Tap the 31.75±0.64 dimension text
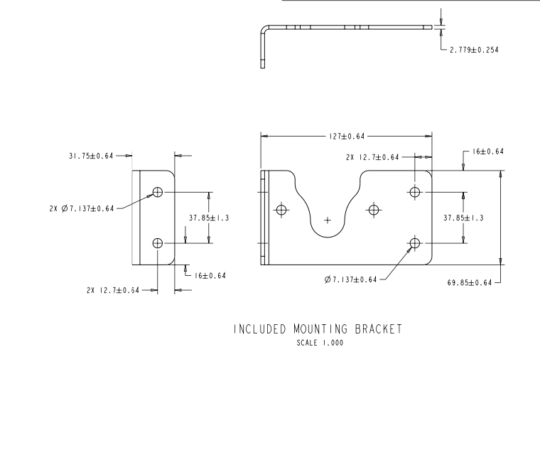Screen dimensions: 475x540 (91, 156)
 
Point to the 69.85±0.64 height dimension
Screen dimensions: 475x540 (470, 282)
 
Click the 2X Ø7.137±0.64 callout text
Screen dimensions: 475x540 (77, 208)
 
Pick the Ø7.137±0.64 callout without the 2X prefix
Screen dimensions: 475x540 (350, 279)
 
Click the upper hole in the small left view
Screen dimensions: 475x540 (158, 192)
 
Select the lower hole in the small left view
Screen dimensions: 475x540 (158, 243)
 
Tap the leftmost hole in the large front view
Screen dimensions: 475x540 (282, 210)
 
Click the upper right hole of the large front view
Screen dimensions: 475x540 (415, 192)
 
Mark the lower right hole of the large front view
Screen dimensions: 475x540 (415, 244)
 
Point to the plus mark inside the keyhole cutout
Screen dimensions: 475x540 (327, 220)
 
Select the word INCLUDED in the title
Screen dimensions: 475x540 (259, 329)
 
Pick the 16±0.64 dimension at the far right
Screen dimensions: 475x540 (488, 151)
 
